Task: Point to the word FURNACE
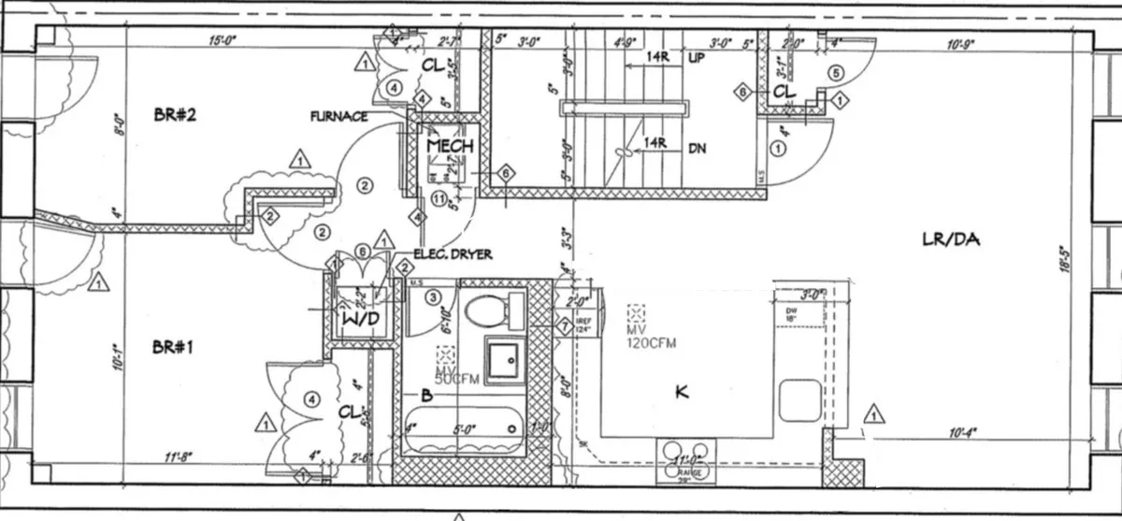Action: [x=339, y=117]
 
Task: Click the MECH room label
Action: [x=450, y=147]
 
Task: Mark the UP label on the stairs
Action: [x=697, y=58]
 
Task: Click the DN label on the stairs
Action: [x=697, y=147]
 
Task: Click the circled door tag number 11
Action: [x=439, y=197]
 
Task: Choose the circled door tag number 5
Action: [x=836, y=72]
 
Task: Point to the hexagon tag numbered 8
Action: [x=741, y=93]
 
